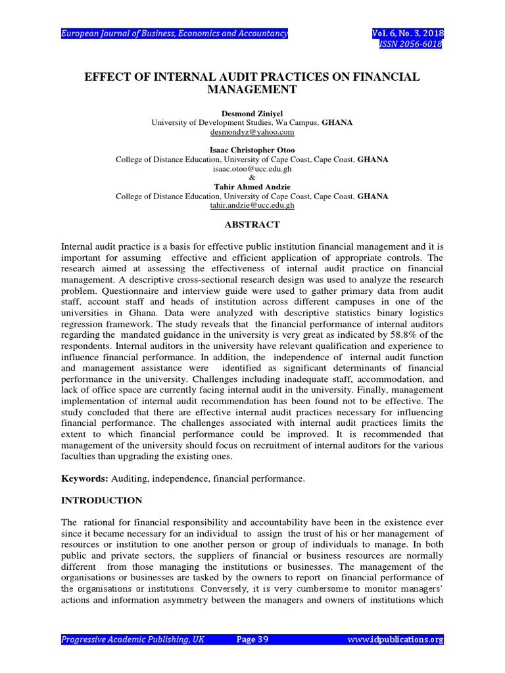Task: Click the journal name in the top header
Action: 174,33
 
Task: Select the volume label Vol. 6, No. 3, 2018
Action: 407,33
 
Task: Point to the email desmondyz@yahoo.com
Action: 252,132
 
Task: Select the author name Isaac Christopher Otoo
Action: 252,150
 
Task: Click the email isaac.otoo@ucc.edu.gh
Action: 252,168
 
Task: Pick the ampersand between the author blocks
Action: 252,177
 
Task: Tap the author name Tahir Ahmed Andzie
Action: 252,187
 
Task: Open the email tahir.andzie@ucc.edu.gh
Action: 252,206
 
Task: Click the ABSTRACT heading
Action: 252,225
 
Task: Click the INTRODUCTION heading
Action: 101,500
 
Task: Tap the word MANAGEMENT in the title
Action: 252,89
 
